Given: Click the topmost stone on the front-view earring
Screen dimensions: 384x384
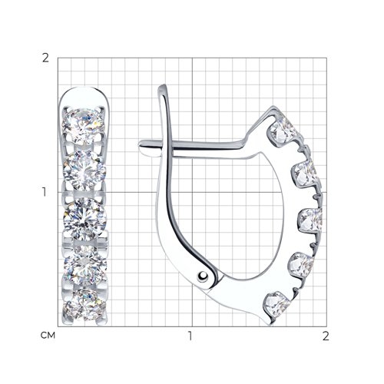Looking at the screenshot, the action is pyautogui.click(x=84, y=126).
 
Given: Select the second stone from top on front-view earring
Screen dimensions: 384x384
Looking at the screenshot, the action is pyautogui.click(x=84, y=170).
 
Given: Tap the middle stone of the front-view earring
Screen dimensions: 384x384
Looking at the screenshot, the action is pyautogui.click(x=85, y=219).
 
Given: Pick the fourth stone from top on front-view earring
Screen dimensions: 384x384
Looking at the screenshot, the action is pyautogui.click(x=85, y=266).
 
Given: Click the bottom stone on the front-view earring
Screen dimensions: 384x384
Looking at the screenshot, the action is pyautogui.click(x=84, y=305).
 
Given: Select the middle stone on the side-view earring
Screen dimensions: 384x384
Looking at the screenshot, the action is pyautogui.click(x=310, y=220).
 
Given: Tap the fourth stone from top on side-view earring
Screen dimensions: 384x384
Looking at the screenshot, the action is pyautogui.click(x=301, y=265).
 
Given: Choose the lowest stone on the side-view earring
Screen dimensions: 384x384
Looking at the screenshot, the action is pyautogui.click(x=278, y=305).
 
